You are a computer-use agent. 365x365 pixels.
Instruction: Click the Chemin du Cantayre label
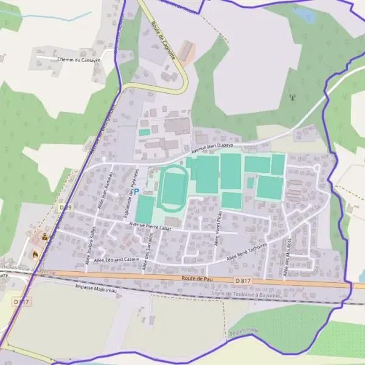78,60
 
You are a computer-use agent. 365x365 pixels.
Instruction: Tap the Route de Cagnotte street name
162,41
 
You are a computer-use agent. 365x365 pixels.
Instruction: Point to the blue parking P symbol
136,191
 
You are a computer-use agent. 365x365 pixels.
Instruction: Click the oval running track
172,188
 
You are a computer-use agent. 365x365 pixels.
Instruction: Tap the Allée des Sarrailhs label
147,257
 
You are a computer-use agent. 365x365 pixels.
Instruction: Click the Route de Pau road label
196,278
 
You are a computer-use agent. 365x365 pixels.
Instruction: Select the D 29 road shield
65,207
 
